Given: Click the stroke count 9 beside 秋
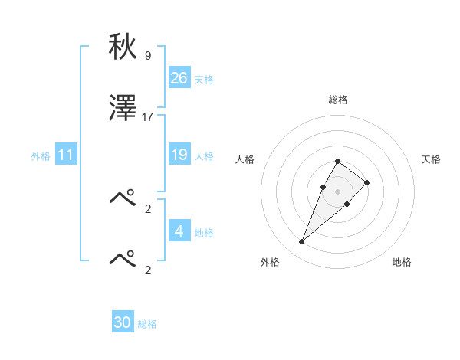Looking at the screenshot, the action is [x=148, y=55].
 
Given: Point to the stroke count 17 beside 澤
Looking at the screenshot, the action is [x=148, y=117].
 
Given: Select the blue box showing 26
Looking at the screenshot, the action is [x=179, y=78].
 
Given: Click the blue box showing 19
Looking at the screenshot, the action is [x=179, y=155].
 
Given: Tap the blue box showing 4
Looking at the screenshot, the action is [x=179, y=231].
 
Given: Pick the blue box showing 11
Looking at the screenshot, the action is [x=66, y=155].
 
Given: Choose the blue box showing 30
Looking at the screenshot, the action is [x=123, y=322].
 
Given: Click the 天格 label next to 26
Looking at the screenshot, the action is [x=204, y=80].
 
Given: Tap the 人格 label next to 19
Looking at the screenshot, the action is [x=204, y=156].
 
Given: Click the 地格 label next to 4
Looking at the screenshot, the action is [x=204, y=232].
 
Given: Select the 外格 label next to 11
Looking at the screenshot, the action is [x=41, y=156].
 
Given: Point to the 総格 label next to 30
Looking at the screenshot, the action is [x=147, y=324].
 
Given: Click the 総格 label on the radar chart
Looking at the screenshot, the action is [x=338, y=100].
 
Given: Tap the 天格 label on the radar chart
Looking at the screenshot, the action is [x=431, y=159].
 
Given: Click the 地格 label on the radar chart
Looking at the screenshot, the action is [x=402, y=262].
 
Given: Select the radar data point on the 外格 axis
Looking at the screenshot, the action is [x=301, y=242].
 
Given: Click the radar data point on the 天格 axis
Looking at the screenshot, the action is [x=367, y=182].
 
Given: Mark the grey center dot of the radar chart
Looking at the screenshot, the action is [x=338, y=191].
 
